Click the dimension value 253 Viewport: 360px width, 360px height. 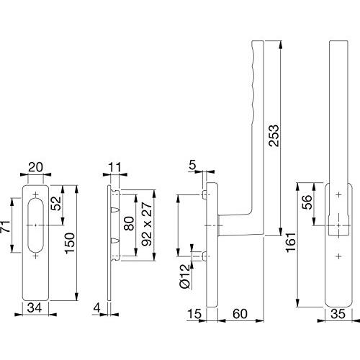coord(274,135)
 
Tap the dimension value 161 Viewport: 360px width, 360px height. coord(291,242)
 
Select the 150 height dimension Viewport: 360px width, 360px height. coord(70,243)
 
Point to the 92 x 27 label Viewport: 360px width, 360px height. coord(147,224)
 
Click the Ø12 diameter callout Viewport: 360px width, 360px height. coord(184,276)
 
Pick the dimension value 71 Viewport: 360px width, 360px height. coord(6,226)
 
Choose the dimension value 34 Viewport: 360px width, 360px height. coord(35,307)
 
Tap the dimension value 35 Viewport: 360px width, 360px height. coord(338,313)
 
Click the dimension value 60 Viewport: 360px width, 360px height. coord(240,313)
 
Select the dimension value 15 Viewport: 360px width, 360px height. coord(194,313)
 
